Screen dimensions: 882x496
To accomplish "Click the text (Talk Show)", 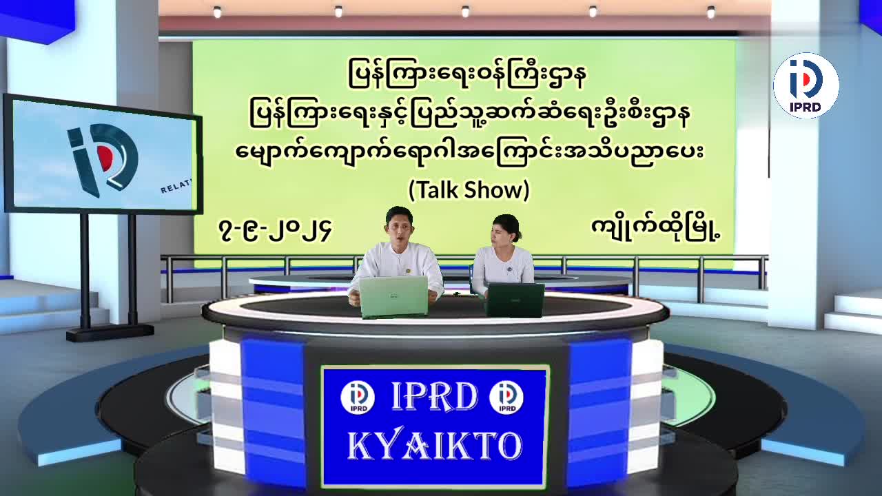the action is (x=469, y=190).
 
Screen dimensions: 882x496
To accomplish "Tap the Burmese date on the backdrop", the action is (x=274, y=231).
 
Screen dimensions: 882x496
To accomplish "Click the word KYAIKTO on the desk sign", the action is (x=435, y=446).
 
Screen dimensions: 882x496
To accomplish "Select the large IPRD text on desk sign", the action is (x=434, y=397).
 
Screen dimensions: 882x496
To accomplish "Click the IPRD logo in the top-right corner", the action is (x=806, y=85).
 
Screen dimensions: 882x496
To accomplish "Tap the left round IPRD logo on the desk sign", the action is (x=358, y=397).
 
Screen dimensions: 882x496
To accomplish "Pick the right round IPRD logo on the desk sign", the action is (x=506, y=397).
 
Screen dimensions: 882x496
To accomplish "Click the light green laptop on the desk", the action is (x=393, y=297).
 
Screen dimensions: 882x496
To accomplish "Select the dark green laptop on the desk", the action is (x=515, y=300).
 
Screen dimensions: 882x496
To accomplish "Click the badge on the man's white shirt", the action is (x=407, y=271).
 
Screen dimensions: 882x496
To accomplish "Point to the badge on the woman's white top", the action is (x=509, y=269).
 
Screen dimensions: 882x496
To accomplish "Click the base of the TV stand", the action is (x=110, y=333).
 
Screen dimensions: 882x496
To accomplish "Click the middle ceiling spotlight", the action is (x=465, y=12).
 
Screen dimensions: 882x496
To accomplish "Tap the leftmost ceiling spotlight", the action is (x=217, y=12).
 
